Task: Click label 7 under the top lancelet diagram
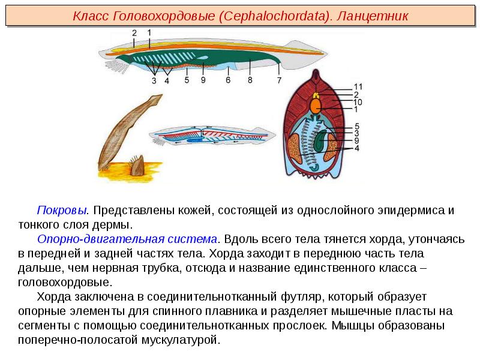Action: click(279, 80)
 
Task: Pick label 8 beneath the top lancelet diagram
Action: click(250, 80)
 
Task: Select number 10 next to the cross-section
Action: click(358, 102)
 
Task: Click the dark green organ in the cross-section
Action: click(321, 141)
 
